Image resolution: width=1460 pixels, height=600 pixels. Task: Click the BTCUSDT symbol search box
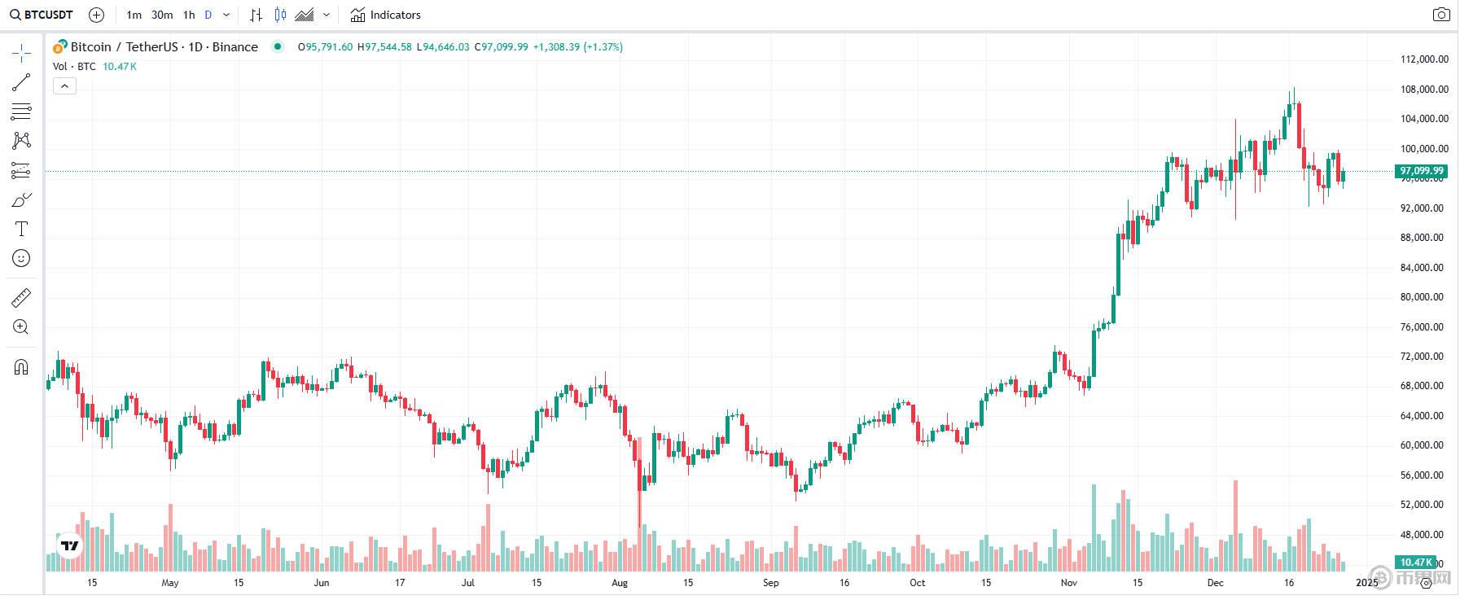click(x=42, y=15)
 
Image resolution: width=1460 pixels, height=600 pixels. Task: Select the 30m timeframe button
click(x=162, y=15)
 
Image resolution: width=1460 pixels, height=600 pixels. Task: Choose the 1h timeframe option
click(x=189, y=15)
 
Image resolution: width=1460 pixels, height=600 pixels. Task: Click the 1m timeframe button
click(x=134, y=15)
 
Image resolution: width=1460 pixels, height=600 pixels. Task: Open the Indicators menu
click(x=386, y=15)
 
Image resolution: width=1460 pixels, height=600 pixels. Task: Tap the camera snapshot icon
click(x=1441, y=15)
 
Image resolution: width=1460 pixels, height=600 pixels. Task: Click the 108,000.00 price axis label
click(x=1423, y=90)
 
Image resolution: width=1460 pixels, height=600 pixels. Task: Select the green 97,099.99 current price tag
click(x=1421, y=171)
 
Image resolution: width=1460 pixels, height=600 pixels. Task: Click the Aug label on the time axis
click(x=620, y=583)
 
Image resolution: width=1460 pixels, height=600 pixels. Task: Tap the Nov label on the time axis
click(x=1069, y=583)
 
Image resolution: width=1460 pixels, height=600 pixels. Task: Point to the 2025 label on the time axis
click(x=1366, y=583)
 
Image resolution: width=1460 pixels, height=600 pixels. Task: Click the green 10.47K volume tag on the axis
click(x=1416, y=562)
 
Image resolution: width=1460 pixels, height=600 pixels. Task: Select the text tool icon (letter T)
click(x=22, y=229)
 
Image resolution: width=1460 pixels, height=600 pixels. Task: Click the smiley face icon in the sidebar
click(x=22, y=258)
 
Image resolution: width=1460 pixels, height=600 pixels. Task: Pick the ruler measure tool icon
click(x=22, y=298)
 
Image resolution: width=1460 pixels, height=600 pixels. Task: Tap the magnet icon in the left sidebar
click(x=22, y=367)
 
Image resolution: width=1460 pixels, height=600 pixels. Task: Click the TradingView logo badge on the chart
click(x=70, y=546)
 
